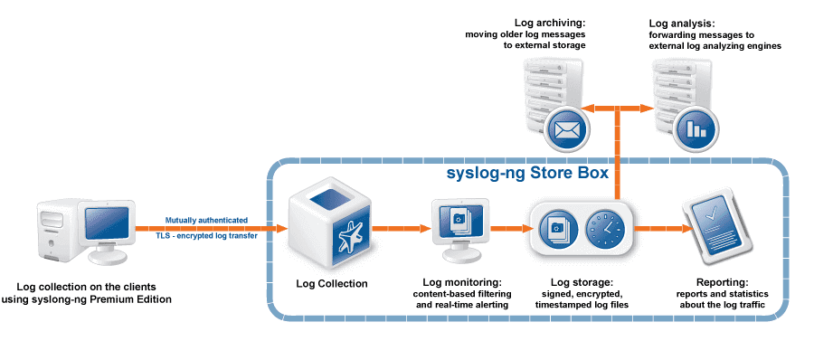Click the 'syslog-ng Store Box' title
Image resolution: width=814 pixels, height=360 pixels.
[527, 173]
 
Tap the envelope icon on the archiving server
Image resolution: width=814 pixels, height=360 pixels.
[567, 128]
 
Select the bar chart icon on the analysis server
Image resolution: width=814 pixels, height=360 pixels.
[696, 128]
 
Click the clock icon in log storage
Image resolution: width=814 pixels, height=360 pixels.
[606, 229]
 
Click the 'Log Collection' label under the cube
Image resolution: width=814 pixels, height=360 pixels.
[332, 284]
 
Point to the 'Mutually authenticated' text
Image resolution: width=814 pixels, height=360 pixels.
[206, 221]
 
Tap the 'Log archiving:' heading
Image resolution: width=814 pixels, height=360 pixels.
[550, 24]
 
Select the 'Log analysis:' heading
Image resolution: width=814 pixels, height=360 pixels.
[682, 24]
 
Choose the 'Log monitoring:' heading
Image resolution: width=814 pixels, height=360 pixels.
[462, 283]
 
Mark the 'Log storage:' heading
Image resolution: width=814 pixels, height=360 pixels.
[582, 283]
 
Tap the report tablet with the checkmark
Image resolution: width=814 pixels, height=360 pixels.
[715, 229]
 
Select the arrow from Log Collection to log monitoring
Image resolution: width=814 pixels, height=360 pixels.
[402, 228]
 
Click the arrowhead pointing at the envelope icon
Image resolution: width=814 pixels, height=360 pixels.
[588, 108]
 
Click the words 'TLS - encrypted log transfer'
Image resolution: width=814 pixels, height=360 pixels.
[206, 235]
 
